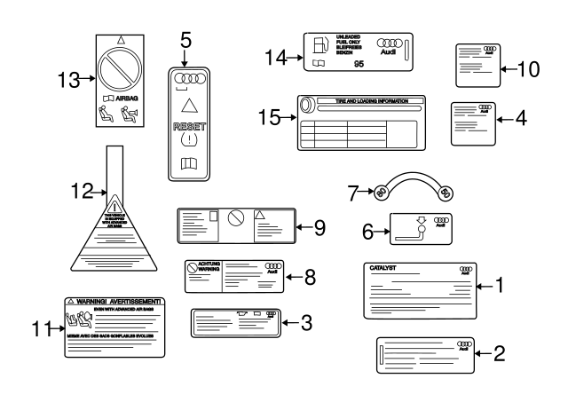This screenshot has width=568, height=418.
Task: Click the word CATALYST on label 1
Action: click(x=383, y=267)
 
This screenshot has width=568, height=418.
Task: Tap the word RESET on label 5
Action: click(x=186, y=127)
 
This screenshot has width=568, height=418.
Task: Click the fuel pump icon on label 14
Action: click(x=320, y=45)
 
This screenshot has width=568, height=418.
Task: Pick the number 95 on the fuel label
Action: click(x=359, y=65)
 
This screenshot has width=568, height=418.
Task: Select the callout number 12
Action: click(x=82, y=189)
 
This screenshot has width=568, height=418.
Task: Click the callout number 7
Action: click(x=353, y=191)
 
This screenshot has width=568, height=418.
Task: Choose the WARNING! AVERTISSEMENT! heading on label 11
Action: click(x=116, y=303)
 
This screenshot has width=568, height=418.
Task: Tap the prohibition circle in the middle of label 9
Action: click(x=236, y=218)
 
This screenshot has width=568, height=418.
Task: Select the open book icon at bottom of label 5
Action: click(x=186, y=164)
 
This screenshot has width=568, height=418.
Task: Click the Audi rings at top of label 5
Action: click(x=186, y=77)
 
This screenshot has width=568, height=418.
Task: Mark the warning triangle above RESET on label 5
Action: click(x=186, y=105)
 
